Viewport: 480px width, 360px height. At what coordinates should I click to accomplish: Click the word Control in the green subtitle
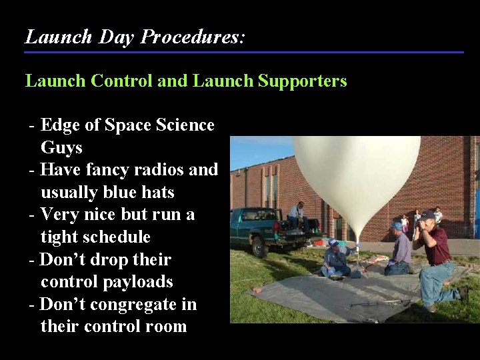[119, 81]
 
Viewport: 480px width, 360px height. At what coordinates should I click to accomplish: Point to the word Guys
[61, 147]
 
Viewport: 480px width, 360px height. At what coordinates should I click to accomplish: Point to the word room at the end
[163, 327]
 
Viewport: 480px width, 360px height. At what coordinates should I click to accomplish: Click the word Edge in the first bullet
[59, 125]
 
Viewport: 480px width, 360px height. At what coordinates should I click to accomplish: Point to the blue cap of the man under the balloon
[333, 242]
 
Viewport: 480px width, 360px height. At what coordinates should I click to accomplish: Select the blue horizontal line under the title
[244, 52]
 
